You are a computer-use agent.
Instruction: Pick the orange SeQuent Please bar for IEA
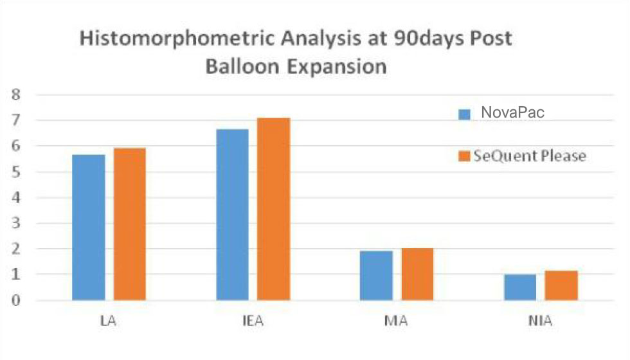click(x=274, y=209)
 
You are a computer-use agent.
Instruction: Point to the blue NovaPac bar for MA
click(x=376, y=275)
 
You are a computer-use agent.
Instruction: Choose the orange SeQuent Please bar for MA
click(x=417, y=274)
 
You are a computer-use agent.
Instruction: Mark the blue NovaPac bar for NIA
click(x=520, y=287)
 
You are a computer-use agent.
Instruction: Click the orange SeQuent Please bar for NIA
click(x=561, y=285)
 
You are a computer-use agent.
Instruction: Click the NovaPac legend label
click(x=512, y=113)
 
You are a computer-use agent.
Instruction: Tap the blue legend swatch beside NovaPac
click(x=465, y=114)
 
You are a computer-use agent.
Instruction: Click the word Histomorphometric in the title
click(x=175, y=39)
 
